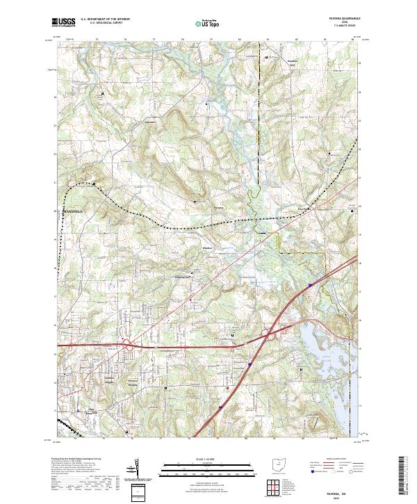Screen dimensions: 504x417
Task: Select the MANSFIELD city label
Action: click(73, 209)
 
